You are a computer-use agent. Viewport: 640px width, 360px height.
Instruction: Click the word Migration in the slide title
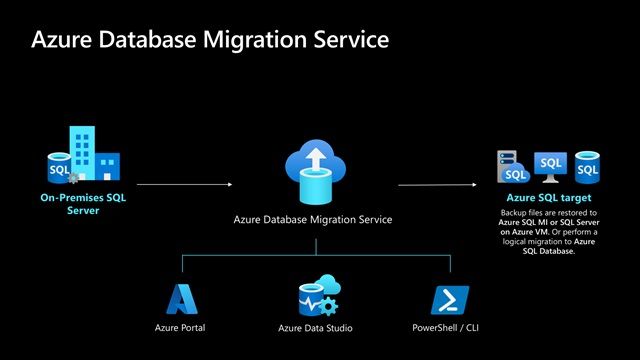coord(263,40)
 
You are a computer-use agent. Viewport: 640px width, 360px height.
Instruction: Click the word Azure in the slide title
coord(63,40)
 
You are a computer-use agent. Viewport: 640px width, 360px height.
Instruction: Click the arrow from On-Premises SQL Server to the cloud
coord(185,184)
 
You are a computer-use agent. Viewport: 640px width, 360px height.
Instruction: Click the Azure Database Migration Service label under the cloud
coord(312,219)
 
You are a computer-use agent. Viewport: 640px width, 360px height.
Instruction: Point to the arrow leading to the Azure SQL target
coord(440,184)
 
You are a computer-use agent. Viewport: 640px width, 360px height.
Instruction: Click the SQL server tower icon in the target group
coord(511,166)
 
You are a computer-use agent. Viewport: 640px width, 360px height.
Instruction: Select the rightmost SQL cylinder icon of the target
coord(587,166)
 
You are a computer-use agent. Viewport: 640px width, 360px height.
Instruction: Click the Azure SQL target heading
coord(548,199)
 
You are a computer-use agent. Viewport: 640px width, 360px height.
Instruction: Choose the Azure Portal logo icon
coord(183,300)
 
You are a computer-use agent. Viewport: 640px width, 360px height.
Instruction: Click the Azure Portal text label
coord(183,328)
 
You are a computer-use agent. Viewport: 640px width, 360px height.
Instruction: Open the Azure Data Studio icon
coord(316,299)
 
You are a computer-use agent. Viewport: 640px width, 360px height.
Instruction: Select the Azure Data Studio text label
coord(316,328)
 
